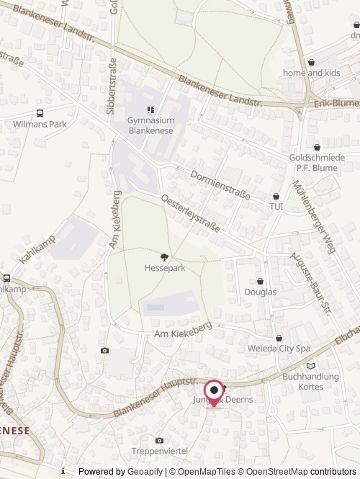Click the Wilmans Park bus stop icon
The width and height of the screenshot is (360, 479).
(40, 112)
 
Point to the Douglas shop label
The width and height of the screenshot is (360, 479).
(260, 292)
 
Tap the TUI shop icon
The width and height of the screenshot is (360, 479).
(276, 196)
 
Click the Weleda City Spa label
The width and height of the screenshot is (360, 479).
(284, 349)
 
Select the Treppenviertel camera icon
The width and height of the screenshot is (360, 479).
(159, 440)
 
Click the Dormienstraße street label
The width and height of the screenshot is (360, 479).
(220, 185)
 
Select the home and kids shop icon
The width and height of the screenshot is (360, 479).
(311, 63)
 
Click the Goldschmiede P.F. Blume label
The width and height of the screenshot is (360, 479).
(317, 162)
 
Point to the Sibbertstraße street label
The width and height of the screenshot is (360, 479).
(111, 92)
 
